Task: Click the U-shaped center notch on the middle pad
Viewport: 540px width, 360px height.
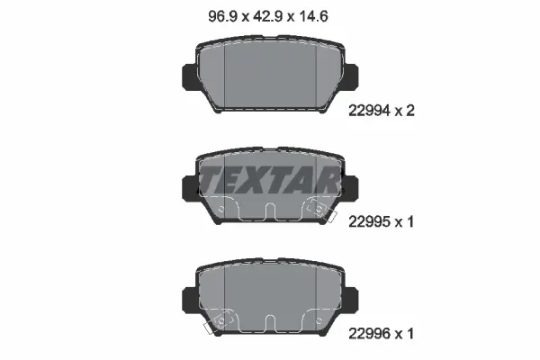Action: pyautogui.click(x=270, y=212)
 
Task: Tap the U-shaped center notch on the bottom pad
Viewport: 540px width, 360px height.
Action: pyautogui.click(x=270, y=323)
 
